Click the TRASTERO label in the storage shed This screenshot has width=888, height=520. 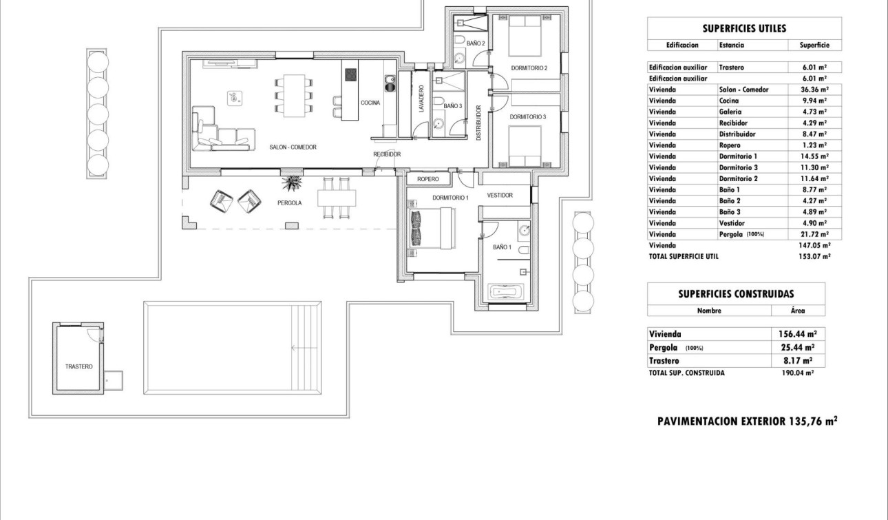(x=78, y=366)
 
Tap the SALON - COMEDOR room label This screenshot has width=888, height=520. (x=293, y=147)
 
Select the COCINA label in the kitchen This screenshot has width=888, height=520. (x=370, y=103)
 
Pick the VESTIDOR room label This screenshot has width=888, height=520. (x=500, y=196)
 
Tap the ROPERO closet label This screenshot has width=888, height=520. (x=427, y=180)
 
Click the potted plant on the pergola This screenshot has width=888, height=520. (x=291, y=183)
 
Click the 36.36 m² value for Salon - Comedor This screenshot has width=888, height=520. (x=814, y=90)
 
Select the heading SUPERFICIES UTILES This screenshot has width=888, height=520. (x=744, y=29)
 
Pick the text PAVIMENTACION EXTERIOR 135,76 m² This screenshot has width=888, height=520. (x=747, y=422)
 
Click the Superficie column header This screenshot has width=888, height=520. (x=814, y=45)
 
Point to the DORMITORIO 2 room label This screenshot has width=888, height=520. (x=529, y=68)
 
